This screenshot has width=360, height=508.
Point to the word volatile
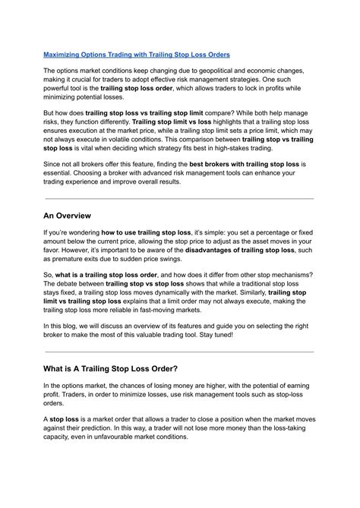point(138,139)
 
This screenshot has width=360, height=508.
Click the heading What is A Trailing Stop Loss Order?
point(111,368)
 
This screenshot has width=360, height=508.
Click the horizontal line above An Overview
point(179,198)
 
